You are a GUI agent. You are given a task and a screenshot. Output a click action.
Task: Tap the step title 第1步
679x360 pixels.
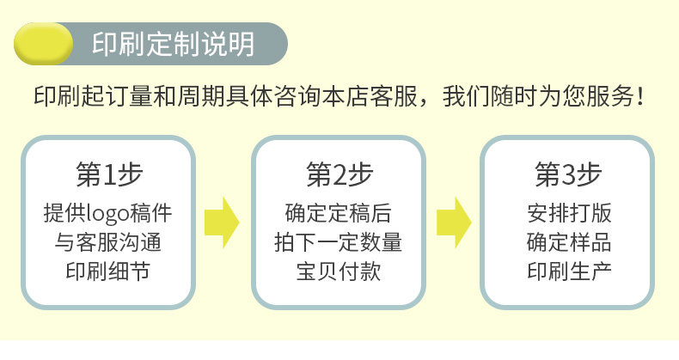[109, 174]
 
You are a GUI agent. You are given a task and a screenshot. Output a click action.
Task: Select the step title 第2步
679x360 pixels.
[339, 174]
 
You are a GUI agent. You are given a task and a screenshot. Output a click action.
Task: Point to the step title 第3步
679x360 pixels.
[568, 174]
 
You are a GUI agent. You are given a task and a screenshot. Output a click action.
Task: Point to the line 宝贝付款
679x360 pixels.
[339, 272]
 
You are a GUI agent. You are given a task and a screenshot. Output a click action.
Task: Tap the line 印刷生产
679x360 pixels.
[568, 272]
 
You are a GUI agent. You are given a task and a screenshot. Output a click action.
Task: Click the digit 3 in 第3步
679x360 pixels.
[568, 175]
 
